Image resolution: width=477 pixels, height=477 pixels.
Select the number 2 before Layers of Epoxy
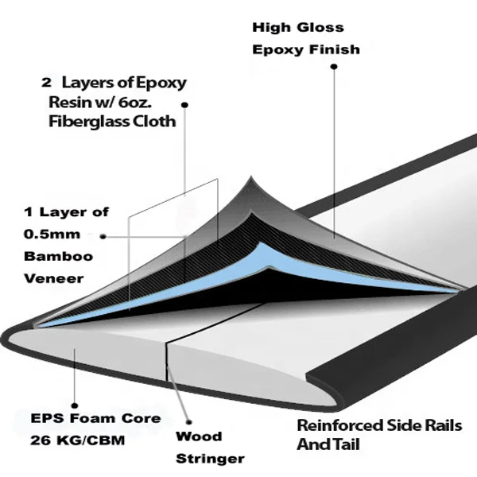[47, 82]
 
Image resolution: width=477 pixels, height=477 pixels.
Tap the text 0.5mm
[47, 235]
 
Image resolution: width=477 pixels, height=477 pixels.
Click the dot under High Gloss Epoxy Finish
[334, 69]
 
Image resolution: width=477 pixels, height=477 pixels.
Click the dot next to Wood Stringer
[189, 424]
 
